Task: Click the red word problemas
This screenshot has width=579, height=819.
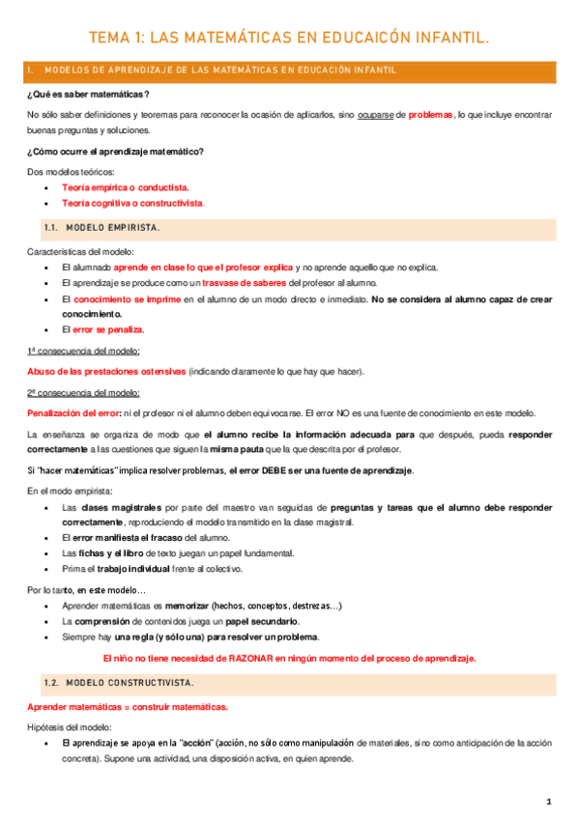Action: pos(430,114)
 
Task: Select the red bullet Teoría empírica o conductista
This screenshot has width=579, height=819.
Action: pos(125,187)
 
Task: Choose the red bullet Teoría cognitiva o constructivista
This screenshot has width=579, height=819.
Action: pos(132,204)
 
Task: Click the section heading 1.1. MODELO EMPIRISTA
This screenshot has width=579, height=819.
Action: pos(101,228)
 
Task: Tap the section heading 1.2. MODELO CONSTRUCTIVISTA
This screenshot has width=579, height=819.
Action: pos(118,683)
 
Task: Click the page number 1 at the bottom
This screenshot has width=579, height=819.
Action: pos(548,802)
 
